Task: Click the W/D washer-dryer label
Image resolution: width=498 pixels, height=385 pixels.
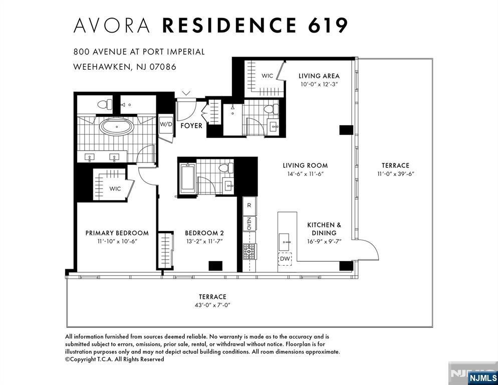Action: tap(165, 124)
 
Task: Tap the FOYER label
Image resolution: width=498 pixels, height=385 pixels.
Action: tap(191, 126)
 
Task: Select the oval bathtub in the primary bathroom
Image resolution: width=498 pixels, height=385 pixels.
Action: tap(117, 126)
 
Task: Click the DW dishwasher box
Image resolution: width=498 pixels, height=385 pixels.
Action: tap(285, 259)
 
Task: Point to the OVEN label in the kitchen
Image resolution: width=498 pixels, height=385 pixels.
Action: tap(250, 224)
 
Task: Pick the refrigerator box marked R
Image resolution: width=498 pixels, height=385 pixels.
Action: tap(250, 206)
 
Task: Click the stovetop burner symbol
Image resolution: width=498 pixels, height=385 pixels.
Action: tap(250, 251)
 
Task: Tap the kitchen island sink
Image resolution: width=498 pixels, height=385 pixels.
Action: tap(284, 242)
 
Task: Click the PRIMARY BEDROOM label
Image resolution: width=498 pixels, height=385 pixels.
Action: tap(117, 233)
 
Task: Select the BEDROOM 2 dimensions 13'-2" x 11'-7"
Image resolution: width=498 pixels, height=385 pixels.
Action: tap(204, 241)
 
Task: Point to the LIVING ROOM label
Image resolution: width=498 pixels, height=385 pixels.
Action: tap(305, 165)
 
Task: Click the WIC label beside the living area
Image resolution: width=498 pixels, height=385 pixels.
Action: tap(267, 76)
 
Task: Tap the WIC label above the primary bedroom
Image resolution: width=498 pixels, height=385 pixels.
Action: tap(115, 188)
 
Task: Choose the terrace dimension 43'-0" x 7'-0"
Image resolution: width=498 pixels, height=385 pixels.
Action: tap(212, 305)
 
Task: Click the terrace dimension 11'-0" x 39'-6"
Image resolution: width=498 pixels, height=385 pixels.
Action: tap(396, 174)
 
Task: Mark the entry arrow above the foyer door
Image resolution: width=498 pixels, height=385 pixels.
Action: tap(186, 93)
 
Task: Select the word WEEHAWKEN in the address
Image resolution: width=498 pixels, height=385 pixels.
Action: tap(102, 67)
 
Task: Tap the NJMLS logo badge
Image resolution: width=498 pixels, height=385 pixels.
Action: tap(483, 377)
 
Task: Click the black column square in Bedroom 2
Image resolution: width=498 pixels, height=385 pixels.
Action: tap(215, 266)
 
